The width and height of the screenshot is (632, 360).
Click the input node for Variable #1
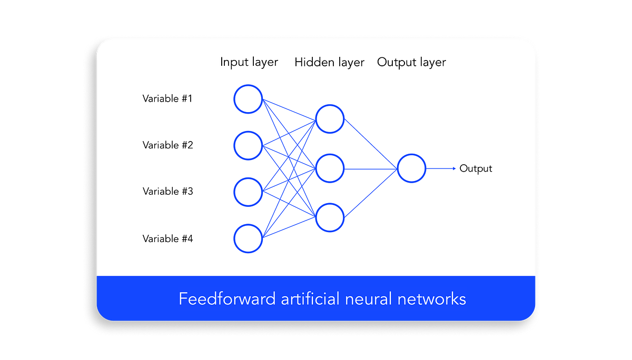248,99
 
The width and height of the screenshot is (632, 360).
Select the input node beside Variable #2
248,146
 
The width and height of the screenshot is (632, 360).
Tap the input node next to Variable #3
248,192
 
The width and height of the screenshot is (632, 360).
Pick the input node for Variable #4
248,239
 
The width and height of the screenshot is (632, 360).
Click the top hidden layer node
330,119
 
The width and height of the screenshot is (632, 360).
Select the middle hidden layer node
330,168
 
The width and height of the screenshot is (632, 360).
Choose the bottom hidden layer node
330,217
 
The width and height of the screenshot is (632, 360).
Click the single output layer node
411,168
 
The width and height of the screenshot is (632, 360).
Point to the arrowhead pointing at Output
453,168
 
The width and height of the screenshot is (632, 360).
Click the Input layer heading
249,62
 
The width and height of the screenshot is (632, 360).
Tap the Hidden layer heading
329,63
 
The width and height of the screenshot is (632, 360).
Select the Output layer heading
411,63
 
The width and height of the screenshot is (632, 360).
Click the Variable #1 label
167,98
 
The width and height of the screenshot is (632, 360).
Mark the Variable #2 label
167,145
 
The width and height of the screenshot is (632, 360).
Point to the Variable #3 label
167,192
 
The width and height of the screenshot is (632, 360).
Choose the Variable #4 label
167,239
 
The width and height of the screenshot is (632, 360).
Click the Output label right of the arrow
476,168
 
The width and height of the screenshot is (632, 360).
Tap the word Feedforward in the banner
227,299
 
